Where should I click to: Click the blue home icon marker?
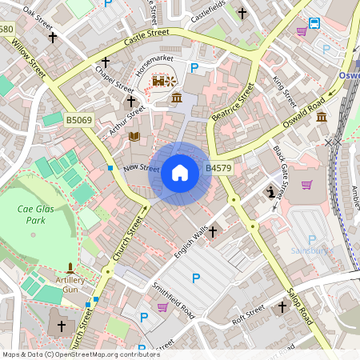pyautogui.click(x=180, y=173)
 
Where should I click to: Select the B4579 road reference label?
pyautogui.click(x=218, y=168)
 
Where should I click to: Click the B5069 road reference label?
pyautogui.click(x=79, y=120)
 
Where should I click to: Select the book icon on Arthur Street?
pyautogui.click(x=134, y=137)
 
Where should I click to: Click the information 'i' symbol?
pyautogui.click(x=271, y=192)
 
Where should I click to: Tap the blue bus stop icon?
pyautogui.click(x=314, y=23)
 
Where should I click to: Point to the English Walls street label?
pyautogui.click(x=190, y=242)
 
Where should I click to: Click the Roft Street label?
pyautogui.click(x=248, y=312)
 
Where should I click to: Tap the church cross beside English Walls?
pyautogui.click(x=213, y=231)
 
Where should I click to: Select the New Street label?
pyautogui.click(x=142, y=168)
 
